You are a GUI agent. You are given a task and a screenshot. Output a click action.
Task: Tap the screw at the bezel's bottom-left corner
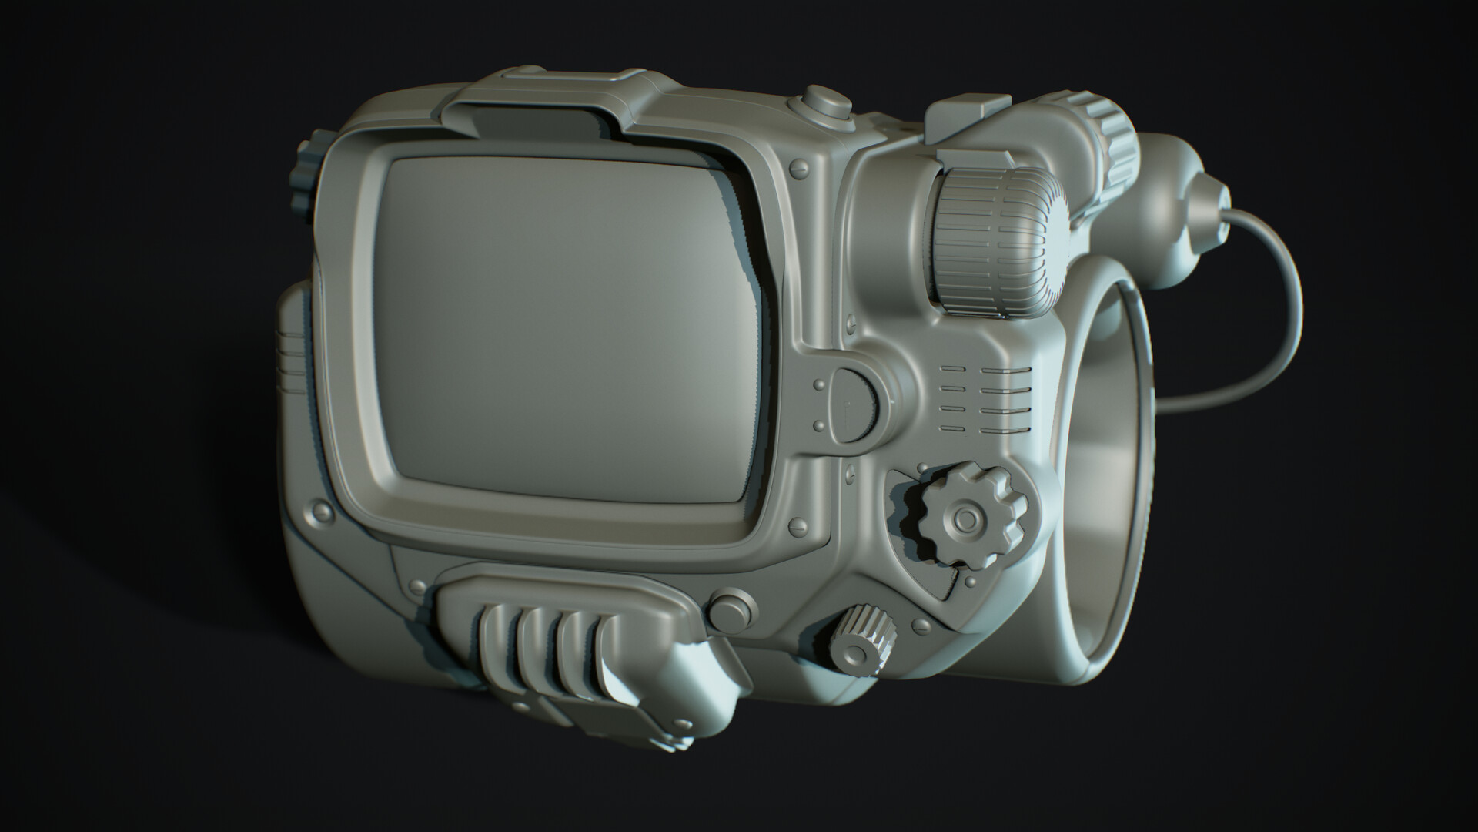tap(318, 511)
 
